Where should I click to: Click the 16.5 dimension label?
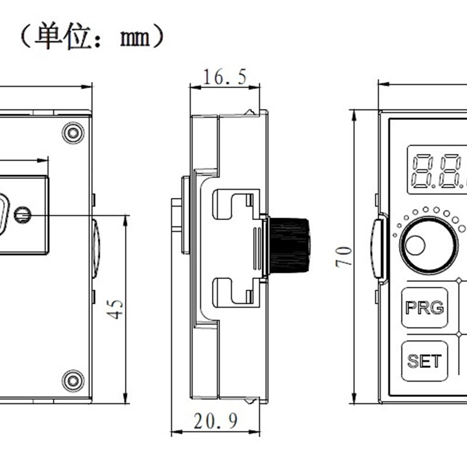coord(224,76)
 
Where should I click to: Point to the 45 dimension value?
coord(117,309)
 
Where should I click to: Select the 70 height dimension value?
coord(344,256)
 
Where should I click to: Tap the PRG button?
coord(424,308)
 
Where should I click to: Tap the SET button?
coord(424,361)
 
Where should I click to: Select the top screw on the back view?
coord(73,133)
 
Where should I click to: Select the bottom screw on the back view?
coord(73,381)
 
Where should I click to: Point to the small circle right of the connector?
coord(23,215)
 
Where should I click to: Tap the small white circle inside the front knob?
coord(415,246)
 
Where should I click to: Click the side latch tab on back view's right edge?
coord(96,245)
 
